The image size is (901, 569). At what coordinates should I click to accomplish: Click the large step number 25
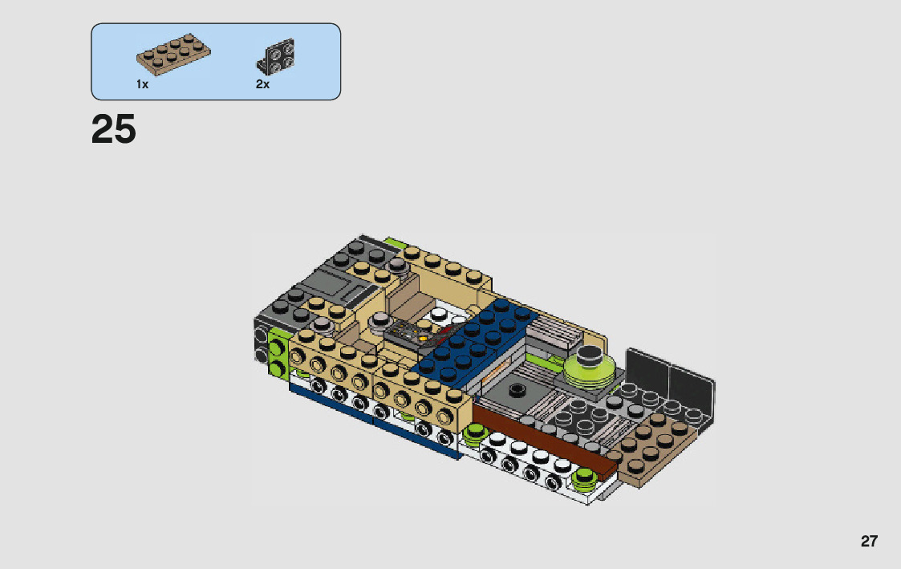(114, 128)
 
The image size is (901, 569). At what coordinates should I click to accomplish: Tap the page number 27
(869, 542)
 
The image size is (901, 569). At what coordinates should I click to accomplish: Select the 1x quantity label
(143, 84)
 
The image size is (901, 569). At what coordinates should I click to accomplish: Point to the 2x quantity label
(262, 84)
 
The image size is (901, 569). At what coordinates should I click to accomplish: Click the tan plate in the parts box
(173, 54)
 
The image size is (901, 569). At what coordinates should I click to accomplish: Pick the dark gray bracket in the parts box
(276, 57)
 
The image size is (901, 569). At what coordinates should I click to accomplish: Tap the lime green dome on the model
(589, 372)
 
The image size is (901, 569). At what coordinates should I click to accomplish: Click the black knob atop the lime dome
(589, 356)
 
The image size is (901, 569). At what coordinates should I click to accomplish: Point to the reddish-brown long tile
(543, 441)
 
